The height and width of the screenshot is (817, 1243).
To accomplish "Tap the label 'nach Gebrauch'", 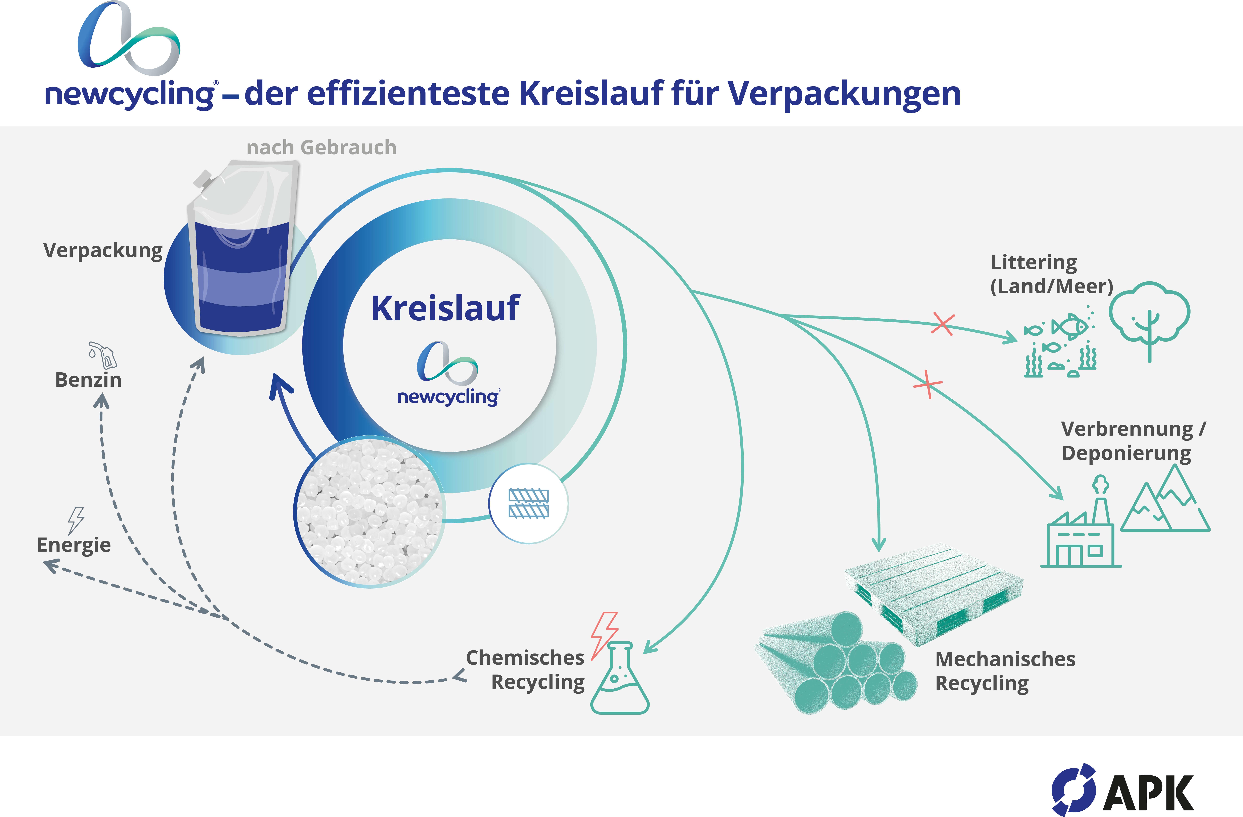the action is pyautogui.click(x=321, y=148).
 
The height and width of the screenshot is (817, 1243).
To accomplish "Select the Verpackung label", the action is pyautogui.click(x=103, y=251).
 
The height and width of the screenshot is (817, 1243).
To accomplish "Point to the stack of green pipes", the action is pyautogui.click(x=836, y=663).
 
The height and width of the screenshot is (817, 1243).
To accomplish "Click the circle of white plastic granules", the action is pyautogui.click(x=370, y=512).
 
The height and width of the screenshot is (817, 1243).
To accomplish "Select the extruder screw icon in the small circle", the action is pyautogui.click(x=529, y=504).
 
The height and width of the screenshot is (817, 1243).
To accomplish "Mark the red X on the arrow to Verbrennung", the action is pyautogui.click(x=927, y=384).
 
